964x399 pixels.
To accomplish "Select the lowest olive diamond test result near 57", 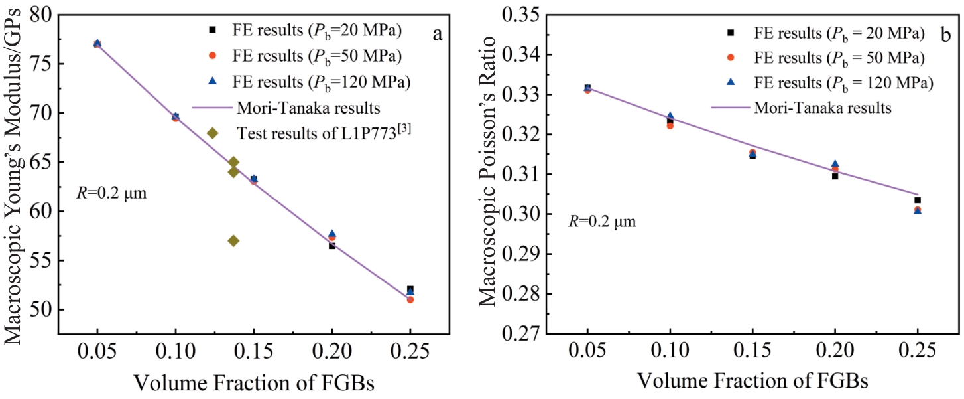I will pyautogui.click(x=233, y=240).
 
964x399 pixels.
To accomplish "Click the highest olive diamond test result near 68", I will pyautogui.click(x=213, y=133).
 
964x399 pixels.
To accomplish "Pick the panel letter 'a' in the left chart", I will pyautogui.click(x=438, y=34).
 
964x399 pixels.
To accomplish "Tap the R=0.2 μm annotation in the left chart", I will pyautogui.click(x=111, y=195).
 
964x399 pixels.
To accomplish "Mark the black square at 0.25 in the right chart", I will pyautogui.click(x=918, y=200).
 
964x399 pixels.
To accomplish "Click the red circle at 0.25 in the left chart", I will pyautogui.click(x=410, y=299).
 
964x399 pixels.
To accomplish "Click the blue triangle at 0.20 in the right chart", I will pyautogui.click(x=835, y=164).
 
